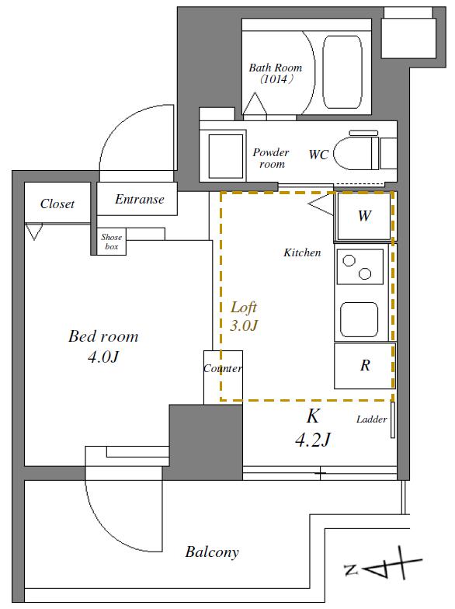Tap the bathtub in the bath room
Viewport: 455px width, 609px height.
point(342,72)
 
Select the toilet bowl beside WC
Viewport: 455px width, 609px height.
point(356,152)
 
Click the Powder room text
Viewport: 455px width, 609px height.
point(270,158)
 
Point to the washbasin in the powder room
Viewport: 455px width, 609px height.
point(226,155)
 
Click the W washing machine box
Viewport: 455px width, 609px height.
point(363,216)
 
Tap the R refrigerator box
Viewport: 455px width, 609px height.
point(365,365)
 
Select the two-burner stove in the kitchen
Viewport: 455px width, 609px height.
point(360,267)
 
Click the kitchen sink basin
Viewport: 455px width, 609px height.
point(359,320)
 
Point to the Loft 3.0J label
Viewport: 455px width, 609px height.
point(244,316)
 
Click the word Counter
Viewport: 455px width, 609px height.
point(223,368)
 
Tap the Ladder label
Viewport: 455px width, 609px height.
point(371,419)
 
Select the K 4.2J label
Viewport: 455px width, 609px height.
point(313,428)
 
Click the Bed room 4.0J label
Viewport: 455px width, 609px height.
point(103,346)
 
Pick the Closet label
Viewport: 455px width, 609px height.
point(57,204)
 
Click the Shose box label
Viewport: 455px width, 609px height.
point(112,242)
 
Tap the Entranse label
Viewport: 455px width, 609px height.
point(140,199)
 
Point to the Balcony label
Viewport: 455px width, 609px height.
point(212,552)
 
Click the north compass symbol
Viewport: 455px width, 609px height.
point(383,568)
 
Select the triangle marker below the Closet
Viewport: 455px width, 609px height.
point(34,231)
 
